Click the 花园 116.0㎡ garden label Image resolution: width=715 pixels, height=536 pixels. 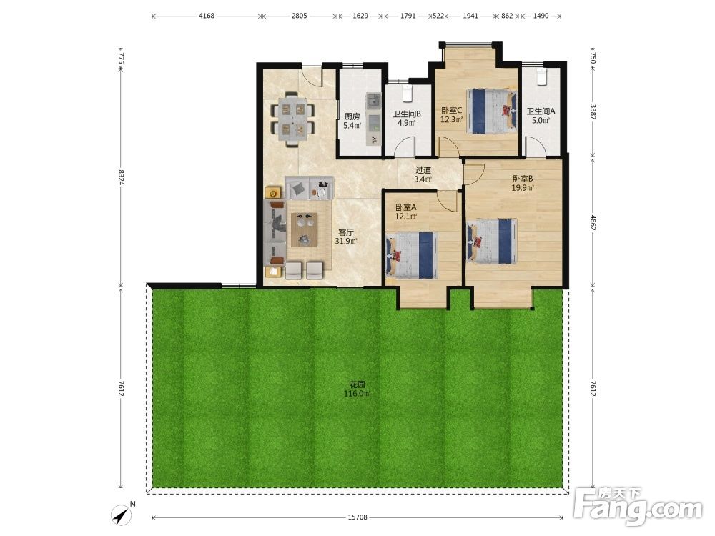point(357,389)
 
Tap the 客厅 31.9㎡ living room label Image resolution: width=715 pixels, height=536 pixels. point(346,237)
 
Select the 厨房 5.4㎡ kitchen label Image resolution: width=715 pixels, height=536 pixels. point(352,121)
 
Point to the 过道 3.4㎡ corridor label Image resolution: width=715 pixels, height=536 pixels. point(423,174)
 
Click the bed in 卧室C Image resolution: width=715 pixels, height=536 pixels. point(492,111)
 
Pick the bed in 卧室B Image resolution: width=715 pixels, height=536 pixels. point(492,242)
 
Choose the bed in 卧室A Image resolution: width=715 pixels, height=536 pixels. point(411,255)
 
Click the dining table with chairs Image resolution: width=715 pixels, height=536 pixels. point(292,119)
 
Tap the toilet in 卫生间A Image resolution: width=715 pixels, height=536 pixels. point(541,77)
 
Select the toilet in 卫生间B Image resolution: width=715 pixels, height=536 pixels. point(408,92)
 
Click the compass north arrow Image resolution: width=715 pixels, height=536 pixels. point(121,515)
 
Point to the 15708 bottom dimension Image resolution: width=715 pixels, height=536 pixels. point(357,517)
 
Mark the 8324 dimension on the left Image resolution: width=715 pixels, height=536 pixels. point(121,177)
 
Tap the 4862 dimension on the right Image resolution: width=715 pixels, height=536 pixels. point(593,223)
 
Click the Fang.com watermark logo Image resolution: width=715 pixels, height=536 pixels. point(638,507)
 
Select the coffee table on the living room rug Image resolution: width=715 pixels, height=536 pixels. point(304,230)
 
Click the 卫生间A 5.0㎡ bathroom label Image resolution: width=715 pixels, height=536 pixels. point(541,115)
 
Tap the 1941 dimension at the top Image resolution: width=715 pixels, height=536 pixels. point(470,16)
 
